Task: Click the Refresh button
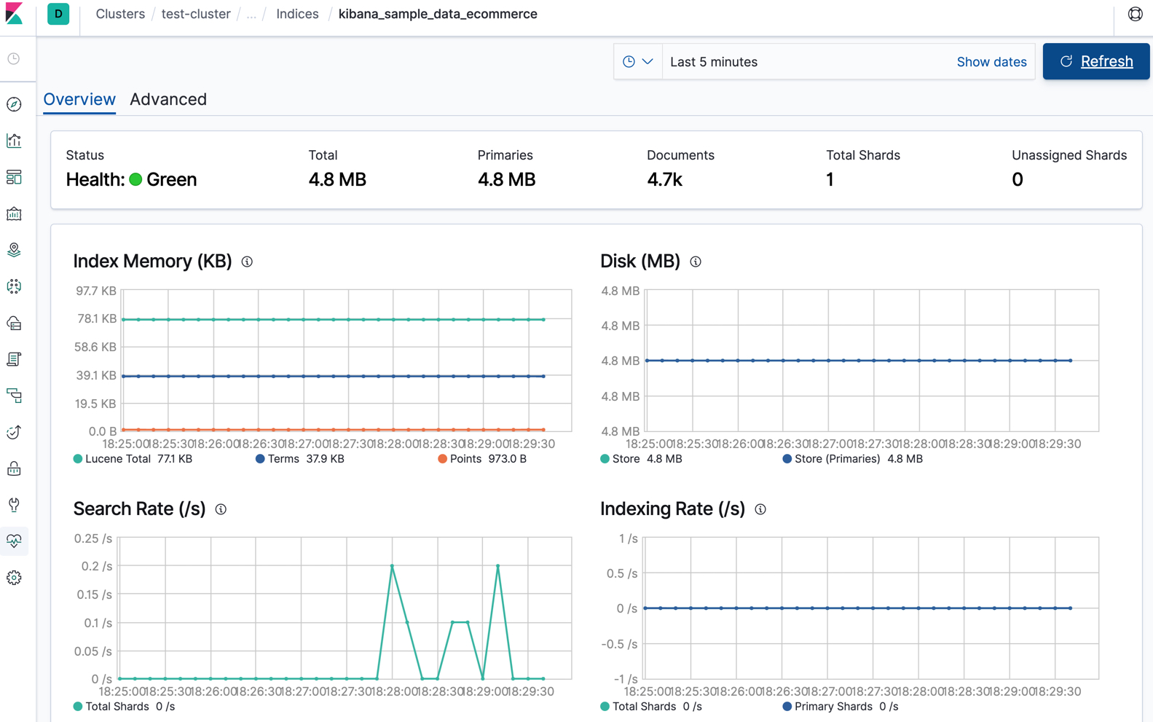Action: pos(1095,62)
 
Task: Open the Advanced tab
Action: pos(168,99)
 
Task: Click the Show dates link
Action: pos(991,62)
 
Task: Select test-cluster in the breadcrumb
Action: pos(196,14)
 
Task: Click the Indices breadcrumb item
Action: pos(297,14)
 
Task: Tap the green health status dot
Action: pos(135,180)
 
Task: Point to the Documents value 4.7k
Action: pos(664,180)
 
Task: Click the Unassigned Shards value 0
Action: pos(1017,180)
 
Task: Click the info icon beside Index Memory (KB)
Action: pos(247,262)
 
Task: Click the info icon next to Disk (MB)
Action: pos(696,262)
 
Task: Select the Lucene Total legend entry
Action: pos(117,459)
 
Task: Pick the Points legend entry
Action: pos(465,459)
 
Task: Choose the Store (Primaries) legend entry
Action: pos(836,459)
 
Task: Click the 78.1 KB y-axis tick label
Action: pos(97,318)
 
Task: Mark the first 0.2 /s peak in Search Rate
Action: pos(392,566)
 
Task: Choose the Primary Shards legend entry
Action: pos(833,707)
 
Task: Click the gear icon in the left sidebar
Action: pos(14,578)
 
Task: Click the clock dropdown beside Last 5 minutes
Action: pos(637,62)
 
